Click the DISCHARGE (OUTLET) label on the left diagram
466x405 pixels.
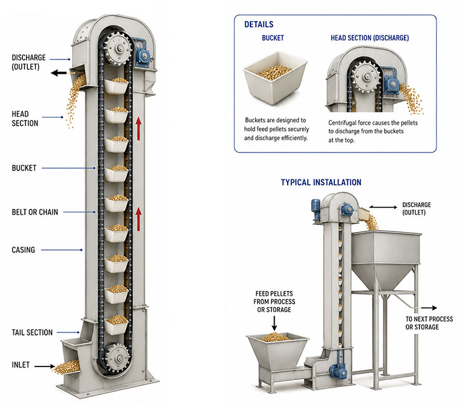(29, 62)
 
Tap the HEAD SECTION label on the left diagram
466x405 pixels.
(25, 118)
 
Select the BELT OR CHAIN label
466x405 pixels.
(35, 212)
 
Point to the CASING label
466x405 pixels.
(24, 250)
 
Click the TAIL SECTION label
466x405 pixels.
(32, 332)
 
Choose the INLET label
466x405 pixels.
(21, 365)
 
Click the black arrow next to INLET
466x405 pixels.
(45, 367)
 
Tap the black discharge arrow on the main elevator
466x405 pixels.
(58, 73)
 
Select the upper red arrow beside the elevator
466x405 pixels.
(139, 128)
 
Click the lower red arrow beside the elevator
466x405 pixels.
(139, 219)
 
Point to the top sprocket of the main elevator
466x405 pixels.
(118, 48)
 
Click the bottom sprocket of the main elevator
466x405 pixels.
(117, 358)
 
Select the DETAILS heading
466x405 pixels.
(259, 24)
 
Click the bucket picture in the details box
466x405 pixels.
(275, 78)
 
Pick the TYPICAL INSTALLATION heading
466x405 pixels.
(321, 182)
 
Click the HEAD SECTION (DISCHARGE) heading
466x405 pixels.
(370, 38)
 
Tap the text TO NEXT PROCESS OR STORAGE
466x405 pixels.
(429, 323)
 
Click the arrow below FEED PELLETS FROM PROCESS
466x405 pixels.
(274, 323)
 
